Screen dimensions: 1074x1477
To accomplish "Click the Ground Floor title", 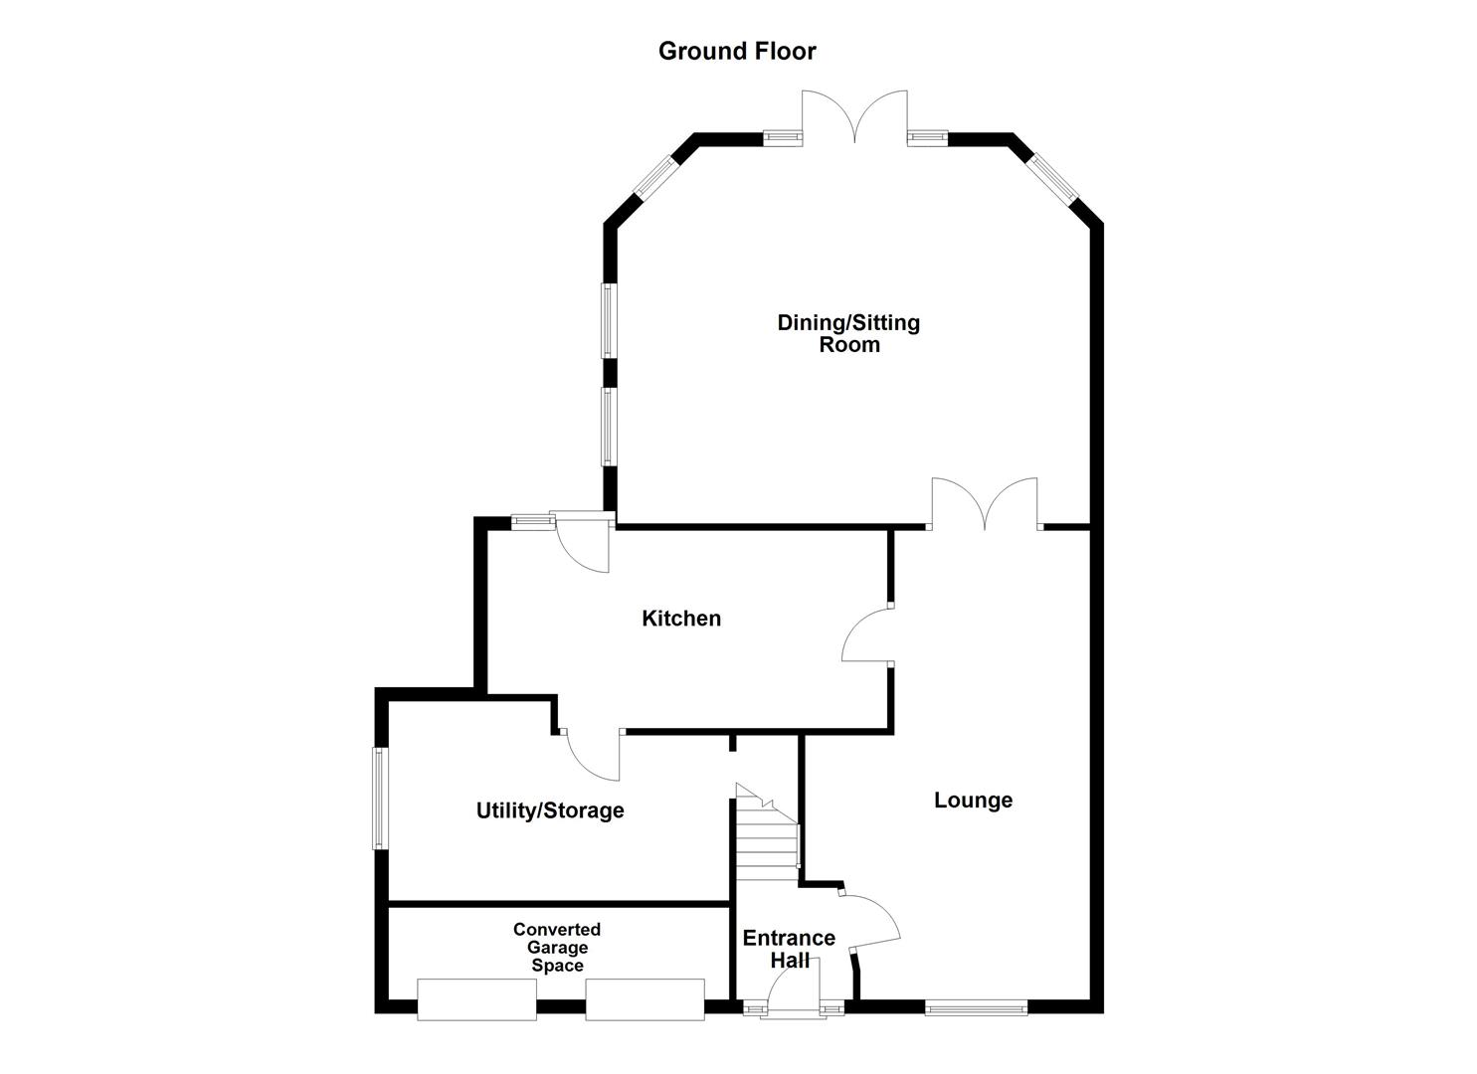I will coord(737,51).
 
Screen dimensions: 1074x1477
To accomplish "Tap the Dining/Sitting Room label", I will coord(848,333).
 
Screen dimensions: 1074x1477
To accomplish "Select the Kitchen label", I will coord(681,619).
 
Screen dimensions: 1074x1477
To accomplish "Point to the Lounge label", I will coord(973,801).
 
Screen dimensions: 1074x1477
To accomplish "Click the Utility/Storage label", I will coord(550,810).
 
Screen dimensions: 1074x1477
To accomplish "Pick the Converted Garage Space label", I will coord(557,947).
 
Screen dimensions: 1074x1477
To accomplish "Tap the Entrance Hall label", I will coord(789,949).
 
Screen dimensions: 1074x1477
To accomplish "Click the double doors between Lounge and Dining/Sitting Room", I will coord(985,503).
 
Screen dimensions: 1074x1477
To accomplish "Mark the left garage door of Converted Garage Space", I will coord(476,998).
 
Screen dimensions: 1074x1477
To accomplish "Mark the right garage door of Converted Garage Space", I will coord(645,998).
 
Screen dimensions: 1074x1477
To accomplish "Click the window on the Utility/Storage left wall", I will coord(379,799).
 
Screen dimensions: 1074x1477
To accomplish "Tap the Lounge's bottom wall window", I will coord(976,1008).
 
